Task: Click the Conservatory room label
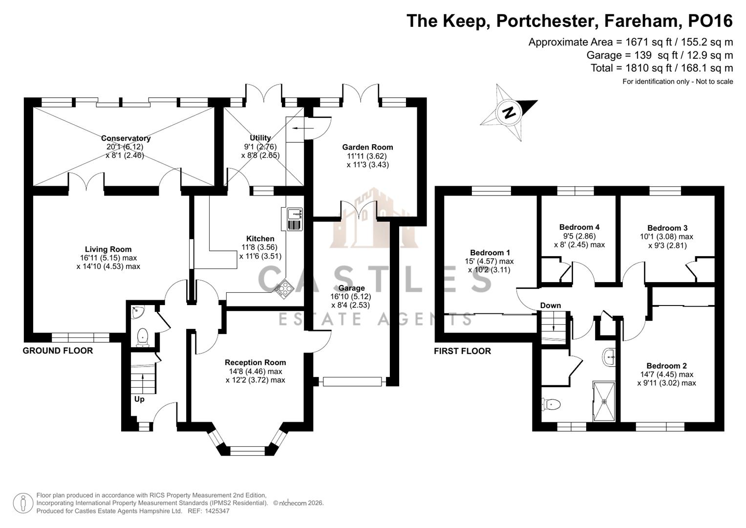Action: coord(126,138)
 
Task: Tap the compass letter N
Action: coord(509,112)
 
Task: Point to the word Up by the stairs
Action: coord(139,399)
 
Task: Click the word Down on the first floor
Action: coord(550,306)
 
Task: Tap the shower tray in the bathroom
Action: coord(605,401)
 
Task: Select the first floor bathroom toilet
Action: coord(551,404)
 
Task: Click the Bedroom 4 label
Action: coord(579,227)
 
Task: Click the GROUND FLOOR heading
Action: coord(58,351)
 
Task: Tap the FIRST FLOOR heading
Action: coord(462,351)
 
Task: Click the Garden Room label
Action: coord(367,147)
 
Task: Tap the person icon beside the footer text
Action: coord(23,503)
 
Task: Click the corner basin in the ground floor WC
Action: coord(138,310)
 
